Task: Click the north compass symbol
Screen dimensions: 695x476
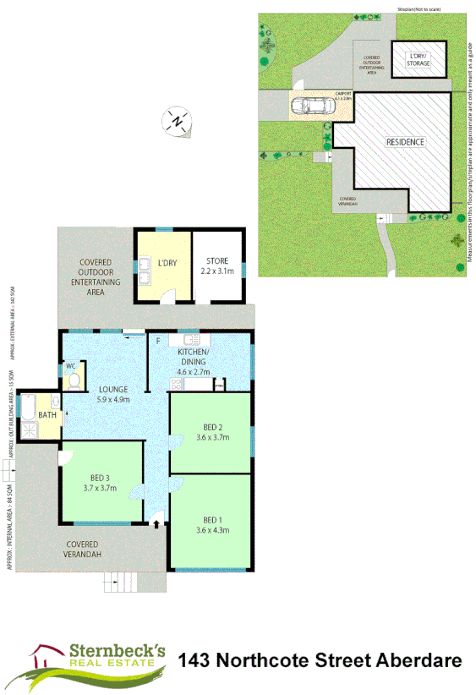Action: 178,121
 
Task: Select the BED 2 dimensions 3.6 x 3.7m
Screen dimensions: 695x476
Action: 211,436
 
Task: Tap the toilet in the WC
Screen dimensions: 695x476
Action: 74,382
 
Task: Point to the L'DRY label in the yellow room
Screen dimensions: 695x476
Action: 167,263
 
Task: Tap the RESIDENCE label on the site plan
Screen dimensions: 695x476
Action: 405,142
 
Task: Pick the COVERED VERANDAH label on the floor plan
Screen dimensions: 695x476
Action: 83,549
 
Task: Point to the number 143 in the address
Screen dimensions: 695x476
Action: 198,660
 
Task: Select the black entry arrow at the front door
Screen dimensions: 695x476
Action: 158,524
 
